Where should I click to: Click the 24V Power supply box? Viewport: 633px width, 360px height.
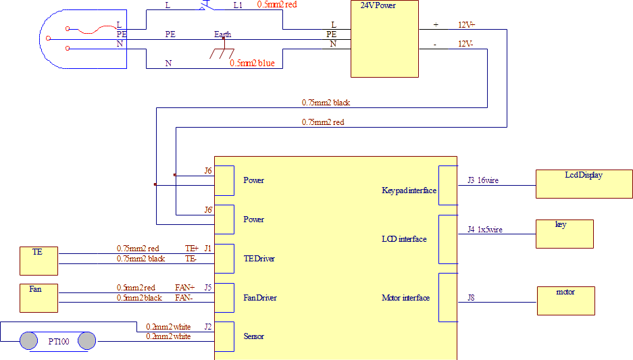[x=384, y=39]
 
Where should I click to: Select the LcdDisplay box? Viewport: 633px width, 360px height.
[x=584, y=183]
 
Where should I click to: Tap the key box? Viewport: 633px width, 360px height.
[x=564, y=234]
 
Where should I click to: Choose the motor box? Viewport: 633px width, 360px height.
[x=565, y=301]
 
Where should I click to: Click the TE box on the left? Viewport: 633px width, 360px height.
[x=39, y=261]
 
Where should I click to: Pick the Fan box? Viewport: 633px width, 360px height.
[x=39, y=297]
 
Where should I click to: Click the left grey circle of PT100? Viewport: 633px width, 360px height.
[x=28, y=340]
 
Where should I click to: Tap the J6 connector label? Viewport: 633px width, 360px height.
[x=208, y=171]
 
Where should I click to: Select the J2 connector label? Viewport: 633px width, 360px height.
[x=208, y=327]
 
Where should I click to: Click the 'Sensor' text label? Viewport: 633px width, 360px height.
[x=253, y=336]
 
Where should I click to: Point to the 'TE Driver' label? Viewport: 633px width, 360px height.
[x=259, y=259]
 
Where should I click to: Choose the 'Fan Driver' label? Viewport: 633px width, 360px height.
[x=259, y=298]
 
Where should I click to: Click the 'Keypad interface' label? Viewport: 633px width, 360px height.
[x=409, y=190]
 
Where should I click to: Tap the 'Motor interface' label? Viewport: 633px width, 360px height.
[x=405, y=298]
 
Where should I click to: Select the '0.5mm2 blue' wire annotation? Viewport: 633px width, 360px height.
[x=252, y=63]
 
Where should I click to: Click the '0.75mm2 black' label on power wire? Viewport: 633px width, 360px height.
[x=326, y=103]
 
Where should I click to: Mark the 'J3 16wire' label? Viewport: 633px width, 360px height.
[x=482, y=180]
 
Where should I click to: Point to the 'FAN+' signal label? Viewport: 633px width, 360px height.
[x=184, y=288]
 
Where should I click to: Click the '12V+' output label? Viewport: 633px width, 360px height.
[x=466, y=25]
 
